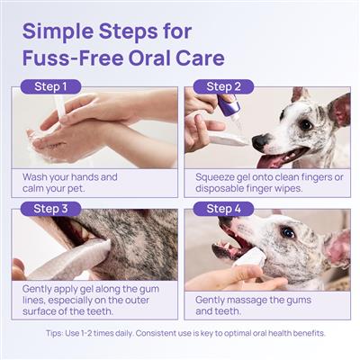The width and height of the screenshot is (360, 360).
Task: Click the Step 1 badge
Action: [x=49, y=87]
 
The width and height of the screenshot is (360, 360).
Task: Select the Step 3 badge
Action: [x=49, y=210]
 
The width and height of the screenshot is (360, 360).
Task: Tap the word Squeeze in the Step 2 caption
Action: [x=219, y=177]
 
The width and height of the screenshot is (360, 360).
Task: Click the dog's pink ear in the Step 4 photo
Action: [x=337, y=247]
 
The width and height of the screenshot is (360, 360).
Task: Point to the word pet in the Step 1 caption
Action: [x=75, y=190]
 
